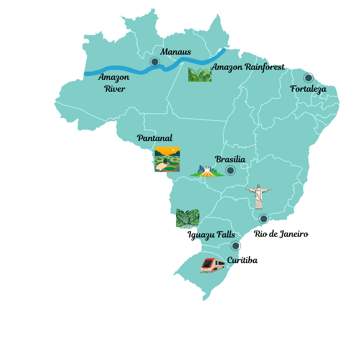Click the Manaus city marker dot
(x=155, y=62)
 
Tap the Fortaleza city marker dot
(x=308, y=77)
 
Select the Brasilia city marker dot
(x=230, y=170)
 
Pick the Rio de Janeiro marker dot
(x=264, y=219)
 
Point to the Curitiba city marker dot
(x=236, y=246)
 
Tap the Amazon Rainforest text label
(x=248, y=67)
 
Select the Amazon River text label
(x=114, y=83)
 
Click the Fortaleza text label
(x=309, y=89)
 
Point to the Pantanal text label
(x=155, y=138)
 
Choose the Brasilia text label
(x=230, y=159)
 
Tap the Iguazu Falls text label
(x=211, y=235)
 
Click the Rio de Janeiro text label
(x=281, y=234)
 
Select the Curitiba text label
(x=242, y=260)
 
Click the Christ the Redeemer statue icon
(x=258, y=197)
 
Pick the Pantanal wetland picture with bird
(x=167, y=159)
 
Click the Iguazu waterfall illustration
(x=187, y=219)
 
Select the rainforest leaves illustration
(x=200, y=75)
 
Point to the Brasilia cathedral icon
(x=207, y=171)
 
